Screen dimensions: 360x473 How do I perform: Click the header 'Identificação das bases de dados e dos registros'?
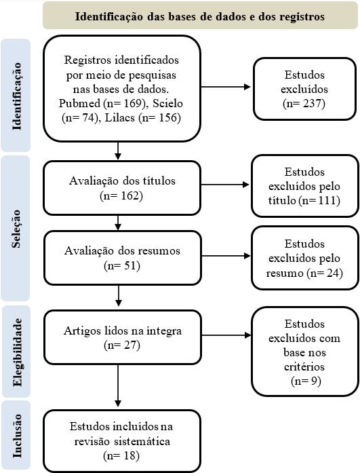(x=200, y=16)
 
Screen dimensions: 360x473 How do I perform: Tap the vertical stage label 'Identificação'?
(x=16, y=96)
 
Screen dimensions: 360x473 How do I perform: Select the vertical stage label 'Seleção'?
(x=16, y=229)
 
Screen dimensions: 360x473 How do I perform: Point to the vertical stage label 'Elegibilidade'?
(x=17, y=352)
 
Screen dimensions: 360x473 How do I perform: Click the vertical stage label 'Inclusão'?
(x=17, y=435)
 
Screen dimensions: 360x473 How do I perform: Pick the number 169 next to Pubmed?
(x=131, y=103)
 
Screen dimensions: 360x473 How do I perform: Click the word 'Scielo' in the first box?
(x=167, y=103)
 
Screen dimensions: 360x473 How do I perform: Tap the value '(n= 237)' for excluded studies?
(x=304, y=103)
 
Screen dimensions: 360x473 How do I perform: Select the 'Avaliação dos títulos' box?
(x=122, y=188)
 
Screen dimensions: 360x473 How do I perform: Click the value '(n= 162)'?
(x=121, y=195)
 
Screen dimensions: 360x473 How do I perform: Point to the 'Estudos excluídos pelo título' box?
(x=305, y=186)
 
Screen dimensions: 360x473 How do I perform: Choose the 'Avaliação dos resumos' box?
(x=122, y=258)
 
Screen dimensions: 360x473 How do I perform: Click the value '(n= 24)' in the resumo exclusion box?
(x=325, y=273)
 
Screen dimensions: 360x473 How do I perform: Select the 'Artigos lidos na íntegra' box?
(x=122, y=337)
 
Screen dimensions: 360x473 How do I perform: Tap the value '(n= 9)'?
(x=306, y=381)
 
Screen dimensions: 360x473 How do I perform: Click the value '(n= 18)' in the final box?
(x=121, y=455)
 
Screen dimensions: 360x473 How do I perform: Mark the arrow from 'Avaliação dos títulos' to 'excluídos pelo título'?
(x=225, y=185)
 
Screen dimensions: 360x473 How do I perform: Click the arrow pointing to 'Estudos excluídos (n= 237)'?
(x=226, y=87)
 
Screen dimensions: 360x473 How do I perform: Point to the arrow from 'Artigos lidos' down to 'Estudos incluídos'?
(x=118, y=386)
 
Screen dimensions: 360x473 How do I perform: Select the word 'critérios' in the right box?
(x=304, y=366)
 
